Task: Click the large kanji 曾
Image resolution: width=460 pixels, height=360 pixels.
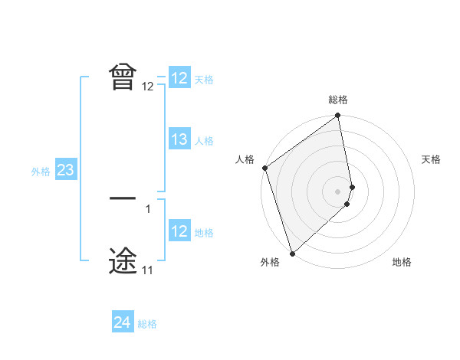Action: [123, 77]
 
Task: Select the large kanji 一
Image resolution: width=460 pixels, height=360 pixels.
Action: [123, 198]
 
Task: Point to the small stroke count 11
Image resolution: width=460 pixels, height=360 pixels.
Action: [148, 270]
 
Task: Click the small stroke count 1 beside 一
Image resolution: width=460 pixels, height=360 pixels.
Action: [148, 208]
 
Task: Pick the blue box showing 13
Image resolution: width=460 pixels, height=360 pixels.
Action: [179, 139]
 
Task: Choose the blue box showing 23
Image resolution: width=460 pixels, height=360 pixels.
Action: [65, 170]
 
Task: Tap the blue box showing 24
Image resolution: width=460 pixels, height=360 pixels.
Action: [122, 322]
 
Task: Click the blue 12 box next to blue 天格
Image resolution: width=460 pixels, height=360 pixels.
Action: [179, 78]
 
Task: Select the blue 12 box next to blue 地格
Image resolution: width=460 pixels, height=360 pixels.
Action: [179, 231]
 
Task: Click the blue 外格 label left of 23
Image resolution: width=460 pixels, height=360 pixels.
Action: [41, 172]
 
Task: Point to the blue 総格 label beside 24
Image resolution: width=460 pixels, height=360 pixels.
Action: [147, 324]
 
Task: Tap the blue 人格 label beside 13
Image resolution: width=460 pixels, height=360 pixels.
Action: [204, 141]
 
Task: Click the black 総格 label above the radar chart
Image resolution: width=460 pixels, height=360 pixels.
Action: [338, 100]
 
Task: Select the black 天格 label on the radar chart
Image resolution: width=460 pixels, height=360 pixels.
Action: [432, 159]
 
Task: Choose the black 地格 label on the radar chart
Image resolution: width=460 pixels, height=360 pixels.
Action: [402, 262]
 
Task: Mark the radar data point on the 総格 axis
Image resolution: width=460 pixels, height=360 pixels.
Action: [338, 116]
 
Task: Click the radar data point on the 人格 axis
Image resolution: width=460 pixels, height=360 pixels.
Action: [264, 168]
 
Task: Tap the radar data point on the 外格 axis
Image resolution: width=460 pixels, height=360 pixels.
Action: [292, 254]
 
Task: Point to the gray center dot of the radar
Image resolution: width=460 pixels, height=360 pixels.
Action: [338, 191]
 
